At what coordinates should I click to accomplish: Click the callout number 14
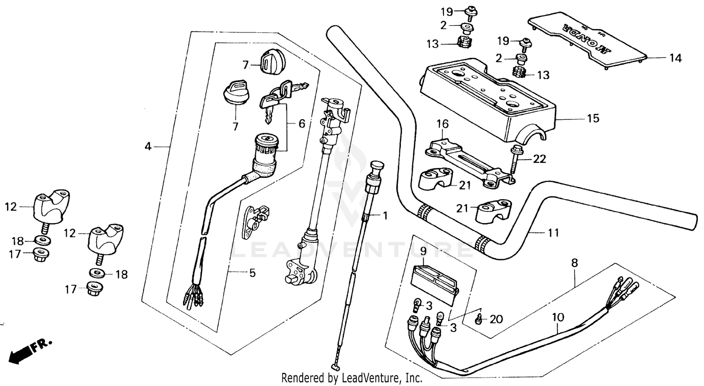tap(675, 58)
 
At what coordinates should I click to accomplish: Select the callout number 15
tap(593, 118)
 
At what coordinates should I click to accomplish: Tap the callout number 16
tap(443, 124)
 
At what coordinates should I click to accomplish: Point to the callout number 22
tap(540, 160)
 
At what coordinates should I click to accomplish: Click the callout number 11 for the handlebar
tap(553, 232)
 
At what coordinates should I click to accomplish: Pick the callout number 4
tap(148, 147)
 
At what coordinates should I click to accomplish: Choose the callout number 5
tap(252, 272)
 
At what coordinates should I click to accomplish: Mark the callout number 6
tap(301, 124)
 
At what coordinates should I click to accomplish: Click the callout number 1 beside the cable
tap(385, 216)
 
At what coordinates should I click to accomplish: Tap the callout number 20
tap(496, 320)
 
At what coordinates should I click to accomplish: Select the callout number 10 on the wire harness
tap(557, 318)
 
